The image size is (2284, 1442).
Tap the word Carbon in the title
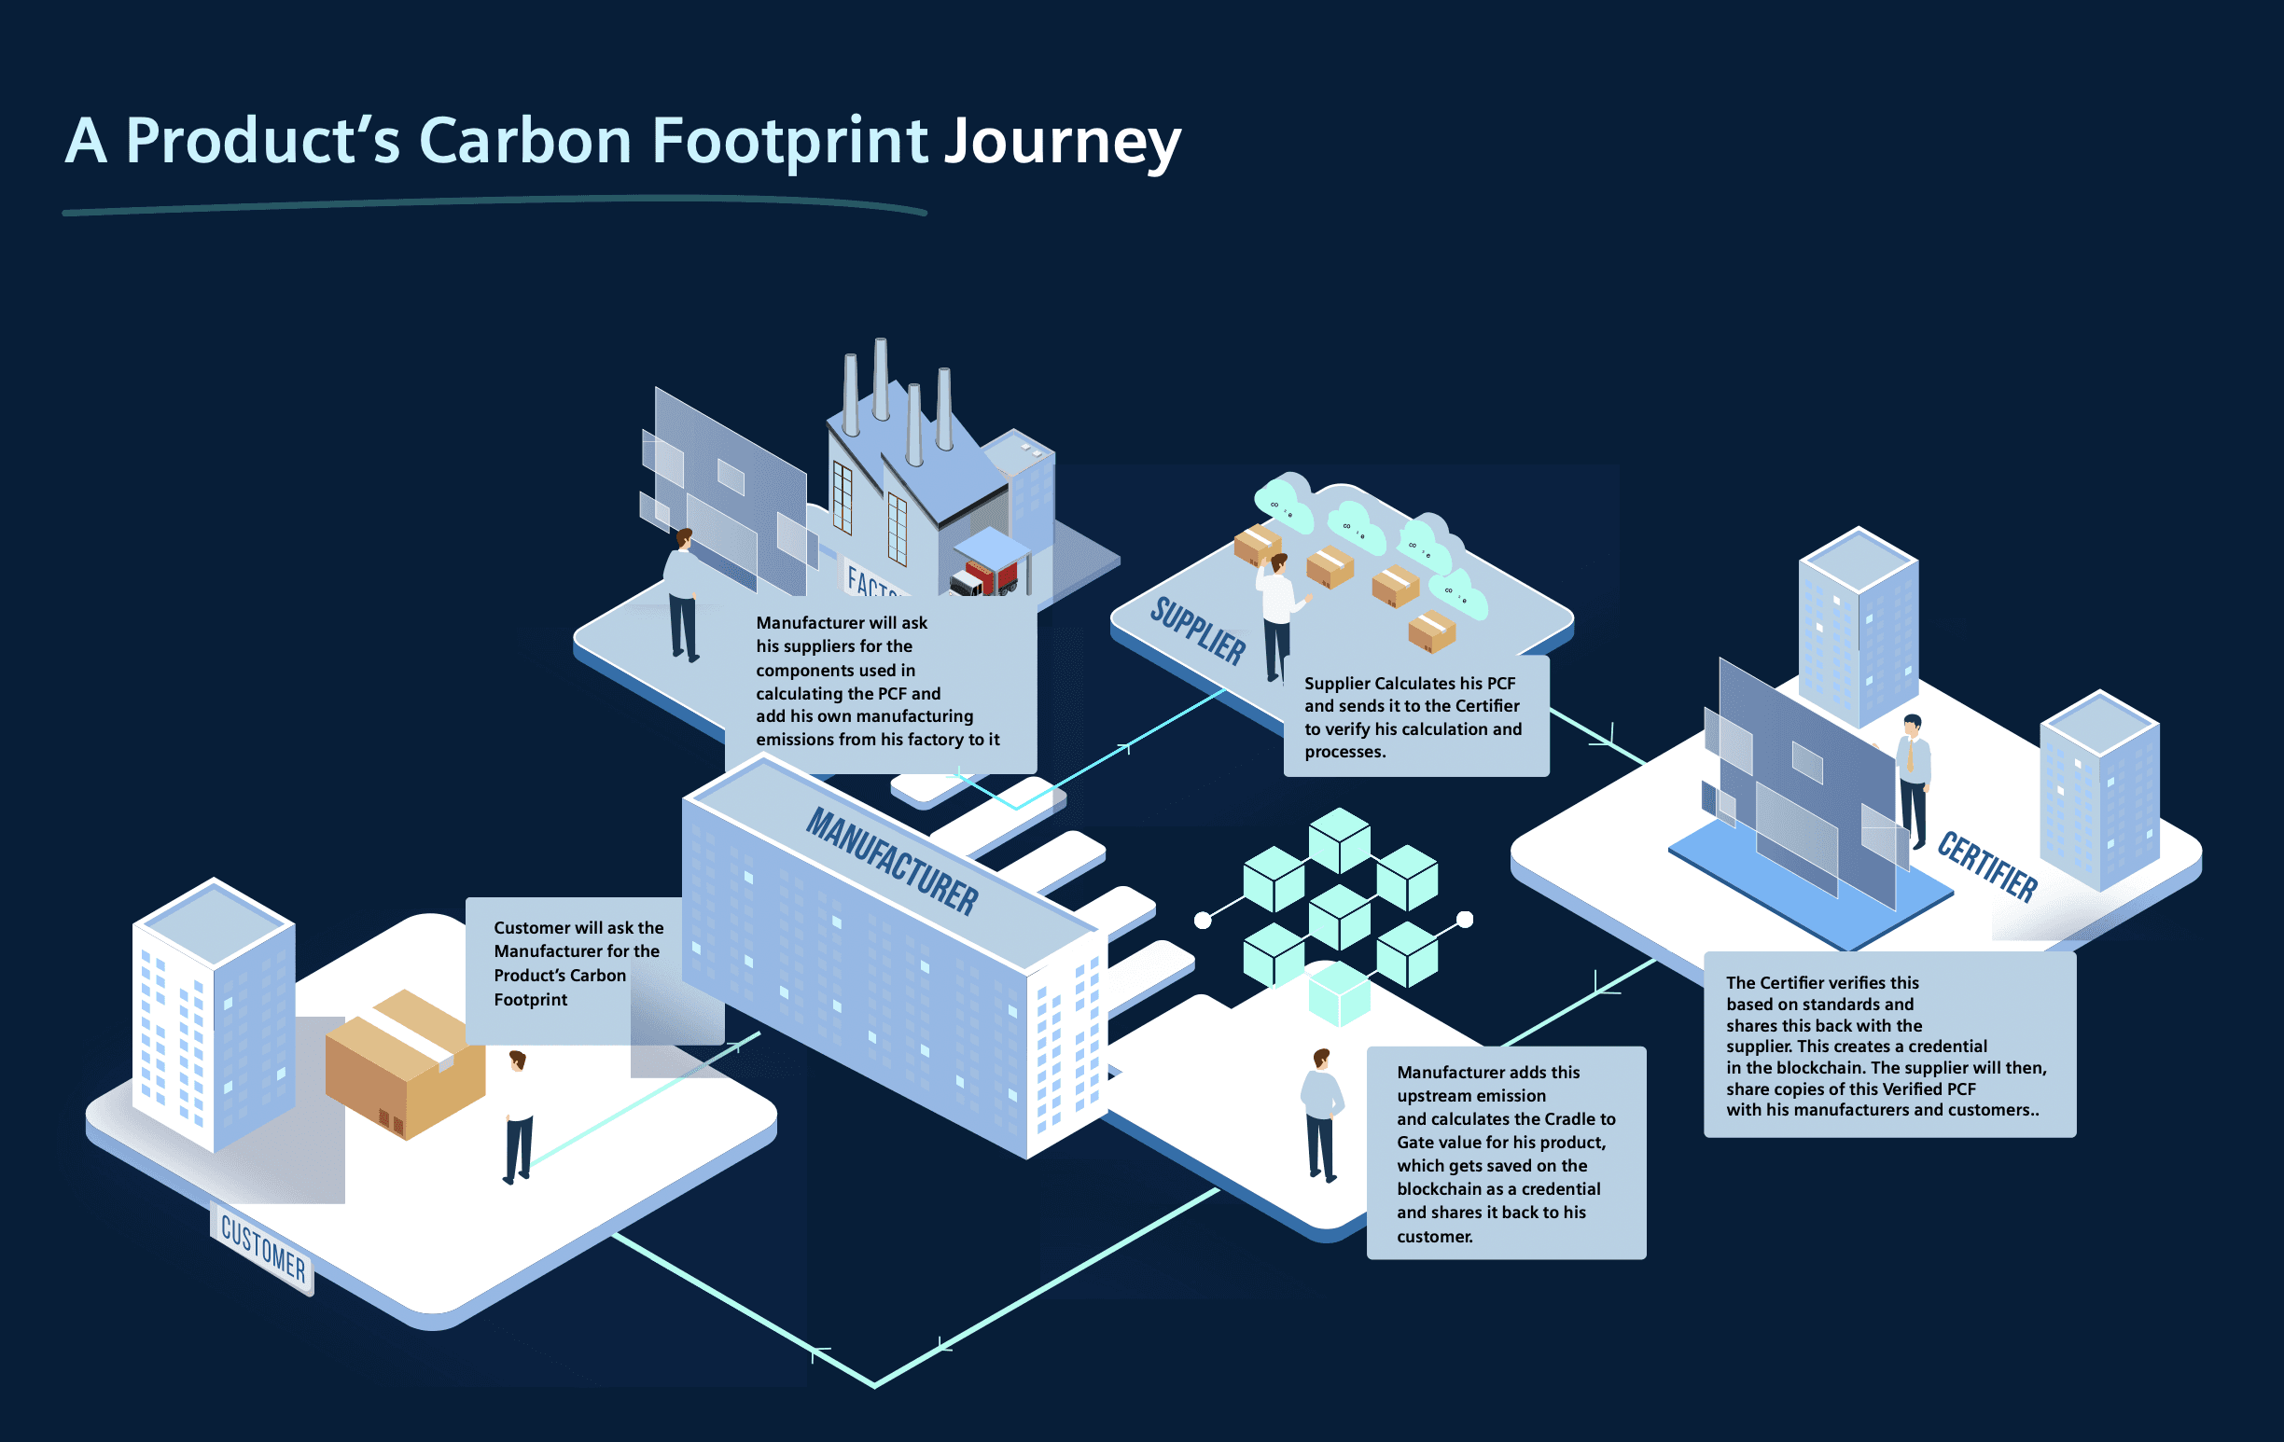[525, 140]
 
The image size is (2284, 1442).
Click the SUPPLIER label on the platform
[1198, 631]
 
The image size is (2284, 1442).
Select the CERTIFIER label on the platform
[1987, 866]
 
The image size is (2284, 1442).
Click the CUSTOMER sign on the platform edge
[263, 1247]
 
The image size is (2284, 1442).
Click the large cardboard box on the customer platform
[405, 1063]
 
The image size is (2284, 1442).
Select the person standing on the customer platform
[518, 1116]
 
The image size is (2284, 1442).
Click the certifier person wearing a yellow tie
[1914, 781]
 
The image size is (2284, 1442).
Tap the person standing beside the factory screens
[682, 594]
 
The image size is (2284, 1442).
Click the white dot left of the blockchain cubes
[1203, 920]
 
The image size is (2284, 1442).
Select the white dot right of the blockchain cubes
[1465, 919]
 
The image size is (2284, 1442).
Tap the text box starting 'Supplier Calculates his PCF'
[1416, 715]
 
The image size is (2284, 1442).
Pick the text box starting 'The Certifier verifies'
[1889, 1044]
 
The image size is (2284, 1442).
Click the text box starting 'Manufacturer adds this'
[1506, 1153]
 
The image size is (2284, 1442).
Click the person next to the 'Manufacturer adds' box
[1322, 1115]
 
